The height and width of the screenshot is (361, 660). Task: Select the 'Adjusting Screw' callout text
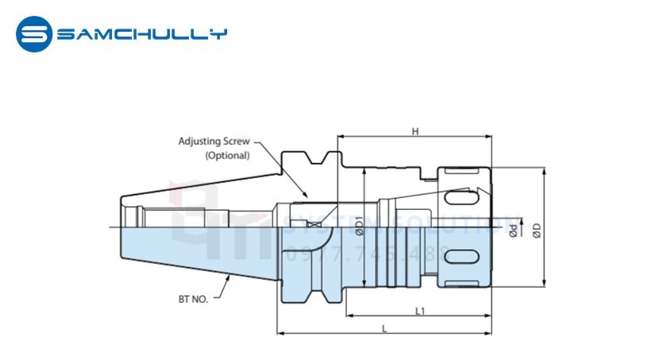click(x=214, y=142)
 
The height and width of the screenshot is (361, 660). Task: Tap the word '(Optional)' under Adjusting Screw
click(x=227, y=156)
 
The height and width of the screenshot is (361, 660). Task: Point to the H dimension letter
click(x=415, y=131)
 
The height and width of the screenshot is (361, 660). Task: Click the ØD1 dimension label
click(x=359, y=227)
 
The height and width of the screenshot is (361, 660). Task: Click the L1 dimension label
click(x=421, y=311)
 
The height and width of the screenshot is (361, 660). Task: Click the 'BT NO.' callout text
click(x=193, y=301)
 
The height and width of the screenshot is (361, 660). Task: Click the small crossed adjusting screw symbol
click(x=316, y=225)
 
